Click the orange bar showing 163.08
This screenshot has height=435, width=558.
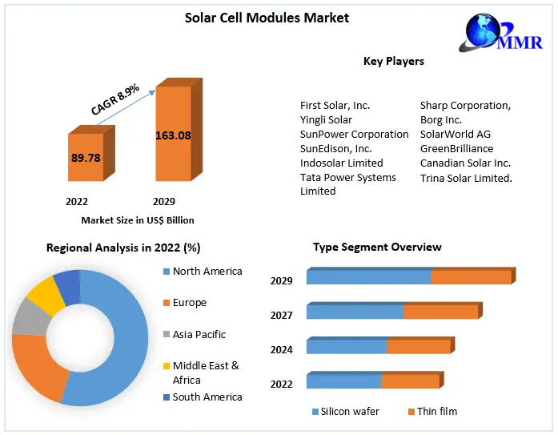click(x=172, y=135)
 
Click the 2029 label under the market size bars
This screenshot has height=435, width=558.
click(x=163, y=201)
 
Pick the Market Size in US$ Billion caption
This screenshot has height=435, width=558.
click(x=137, y=220)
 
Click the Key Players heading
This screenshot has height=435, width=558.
click(x=393, y=61)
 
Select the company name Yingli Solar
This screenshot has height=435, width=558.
click(x=326, y=120)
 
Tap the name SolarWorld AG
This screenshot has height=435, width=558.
click(x=455, y=135)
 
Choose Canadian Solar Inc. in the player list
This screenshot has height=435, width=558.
click(x=465, y=163)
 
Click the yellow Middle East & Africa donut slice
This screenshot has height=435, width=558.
click(x=46, y=295)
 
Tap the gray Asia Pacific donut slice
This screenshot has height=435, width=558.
click(x=30, y=317)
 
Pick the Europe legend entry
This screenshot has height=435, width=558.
click(x=189, y=303)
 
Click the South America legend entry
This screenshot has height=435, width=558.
click(x=207, y=397)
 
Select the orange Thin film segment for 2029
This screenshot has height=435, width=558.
click(x=471, y=277)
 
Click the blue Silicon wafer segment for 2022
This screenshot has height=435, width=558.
click(x=343, y=381)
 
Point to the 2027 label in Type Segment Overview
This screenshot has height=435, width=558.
click(x=281, y=316)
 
